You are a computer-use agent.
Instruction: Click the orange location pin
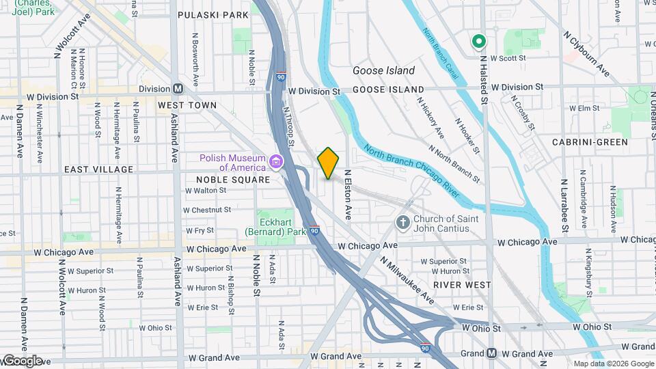tap(328, 163)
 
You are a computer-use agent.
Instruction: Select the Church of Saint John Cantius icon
tap(404, 223)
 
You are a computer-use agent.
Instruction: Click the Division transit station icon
tap(178, 89)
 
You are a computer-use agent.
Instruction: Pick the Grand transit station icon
tap(491, 353)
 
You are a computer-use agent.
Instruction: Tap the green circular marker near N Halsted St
tap(478, 42)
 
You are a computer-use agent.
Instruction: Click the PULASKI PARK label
tap(213, 15)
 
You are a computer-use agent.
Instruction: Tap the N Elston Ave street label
tap(348, 194)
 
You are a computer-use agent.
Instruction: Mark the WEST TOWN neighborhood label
tap(187, 105)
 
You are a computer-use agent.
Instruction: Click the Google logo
tap(22, 360)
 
